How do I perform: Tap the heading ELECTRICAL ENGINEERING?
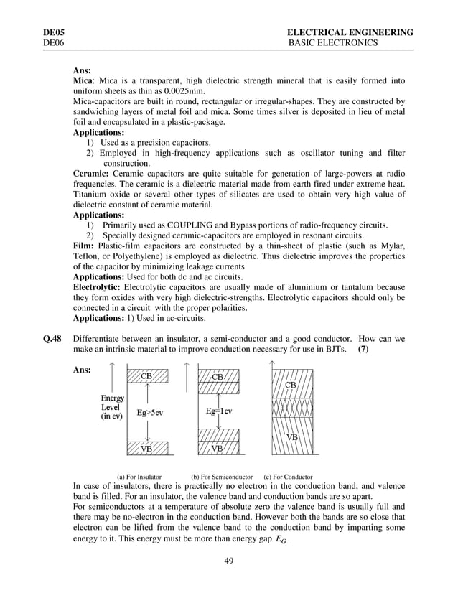[349, 33]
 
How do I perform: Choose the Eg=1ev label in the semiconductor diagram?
[220, 411]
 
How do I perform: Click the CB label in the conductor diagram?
[291, 385]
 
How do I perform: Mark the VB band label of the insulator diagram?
[146, 448]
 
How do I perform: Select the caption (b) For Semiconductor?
[222, 476]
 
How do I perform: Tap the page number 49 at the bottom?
[229, 559]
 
